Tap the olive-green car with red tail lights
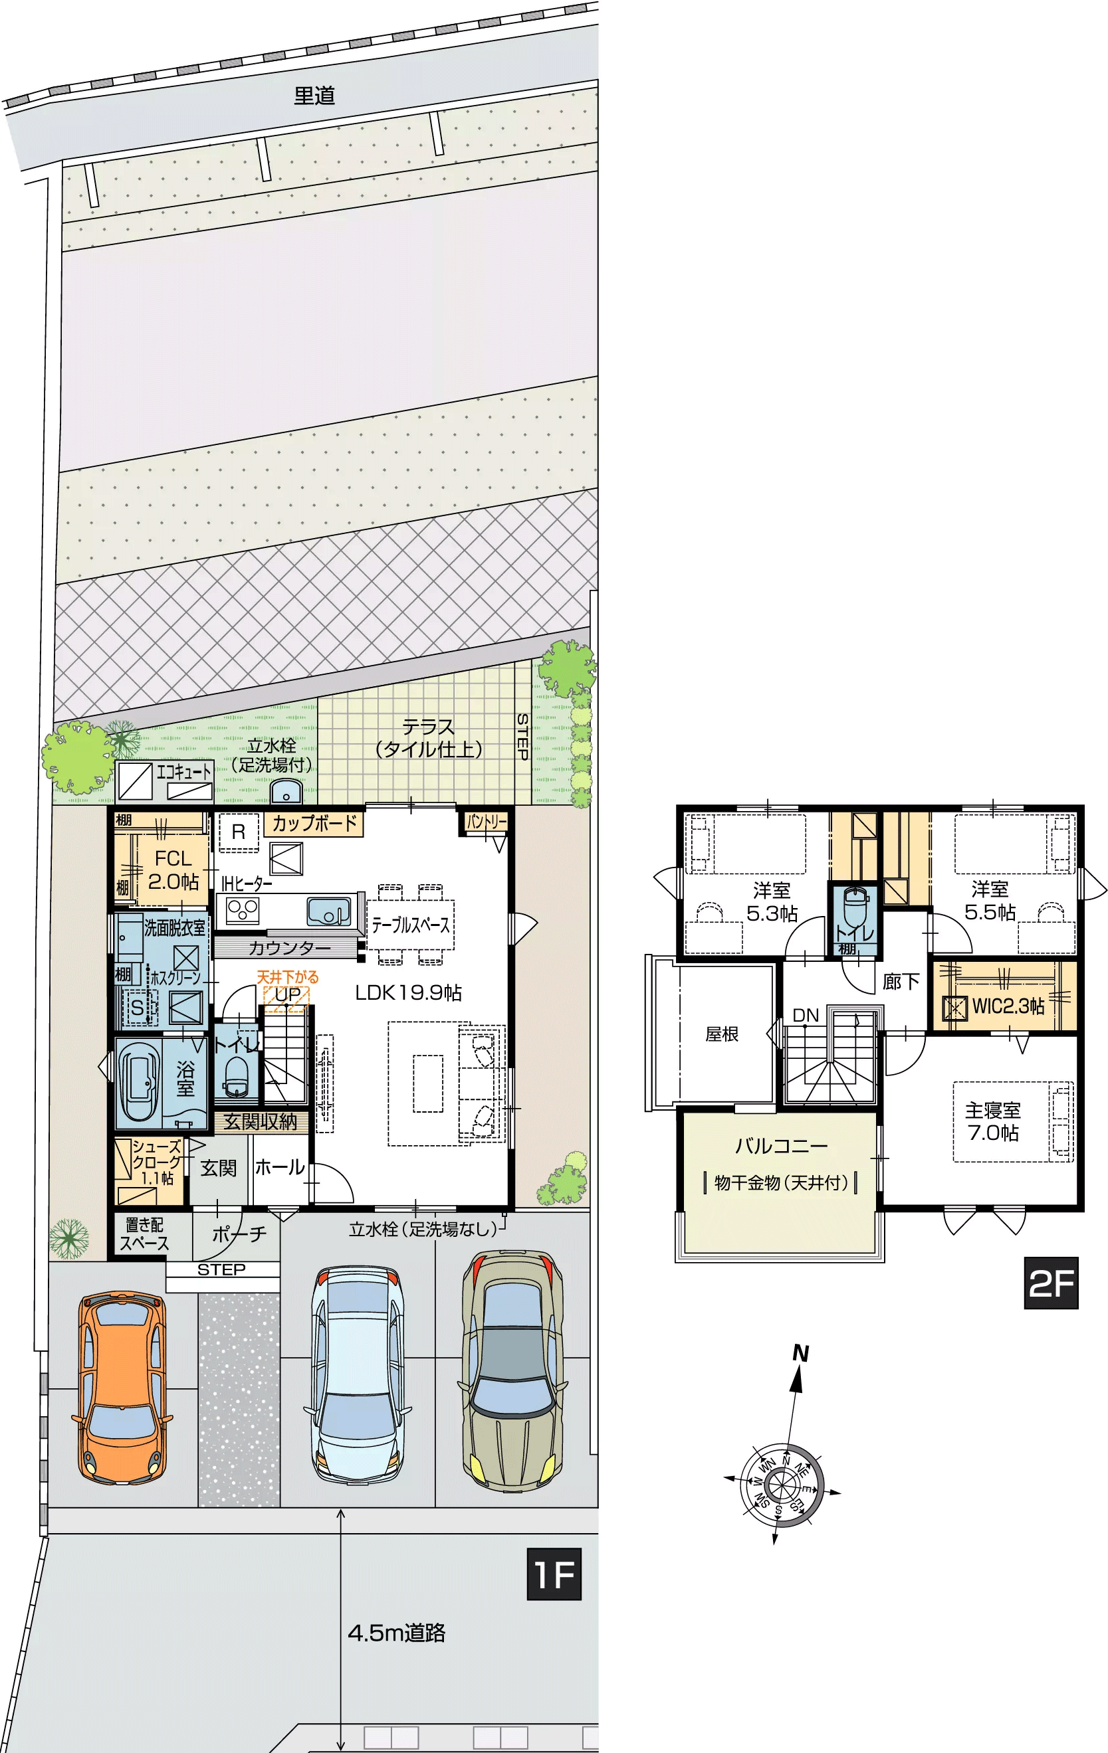tap(512, 1368)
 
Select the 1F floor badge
tap(554, 1574)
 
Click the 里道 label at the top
tap(314, 96)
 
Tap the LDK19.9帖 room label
tap(408, 992)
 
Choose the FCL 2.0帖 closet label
tap(173, 870)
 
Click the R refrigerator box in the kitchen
tap(238, 832)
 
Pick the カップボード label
tap(314, 823)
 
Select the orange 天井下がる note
tap(287, 978)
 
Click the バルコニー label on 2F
tap(781, 1147)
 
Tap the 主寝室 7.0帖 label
tap(993, 1121)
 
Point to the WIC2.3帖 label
tap(1008, 1006)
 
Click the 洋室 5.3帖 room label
tap(772, 901)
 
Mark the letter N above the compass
tap(800, 1353)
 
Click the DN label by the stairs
tap(806, 1015)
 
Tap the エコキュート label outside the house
tap(183, 772)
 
